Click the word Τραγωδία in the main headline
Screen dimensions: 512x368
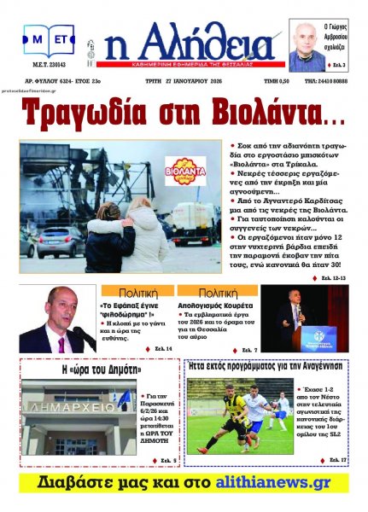click(x=93, y=109)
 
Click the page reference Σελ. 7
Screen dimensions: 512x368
click(x=248, y=349)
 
